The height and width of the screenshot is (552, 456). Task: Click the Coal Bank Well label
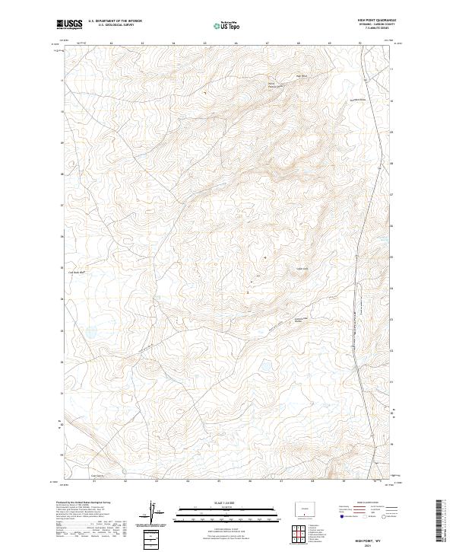(81, 270)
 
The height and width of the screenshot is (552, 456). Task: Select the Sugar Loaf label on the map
(300, 267)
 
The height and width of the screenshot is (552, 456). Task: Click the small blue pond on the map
(90, 332)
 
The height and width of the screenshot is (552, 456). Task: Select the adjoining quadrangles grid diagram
(304, 531)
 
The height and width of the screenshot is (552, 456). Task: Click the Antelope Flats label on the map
(301, 320)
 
